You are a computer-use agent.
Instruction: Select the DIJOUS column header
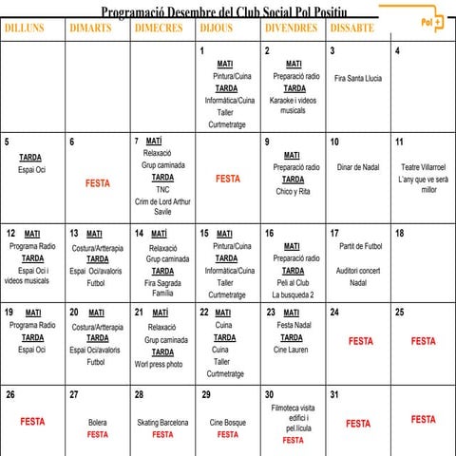[x=217, y=28]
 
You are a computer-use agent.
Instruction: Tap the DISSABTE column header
[x=351, y=28]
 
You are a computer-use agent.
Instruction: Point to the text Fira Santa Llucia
[x=357, y=77]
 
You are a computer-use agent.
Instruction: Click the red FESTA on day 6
[x=97, y=183]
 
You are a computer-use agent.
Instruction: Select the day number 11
[x=399, y=142]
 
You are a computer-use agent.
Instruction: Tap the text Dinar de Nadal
[x=357, y=167]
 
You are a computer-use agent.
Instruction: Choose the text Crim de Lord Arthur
[x=162, y=200]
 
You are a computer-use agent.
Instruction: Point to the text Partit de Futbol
[x=359, y=245]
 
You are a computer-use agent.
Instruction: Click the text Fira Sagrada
[x=162, y=282]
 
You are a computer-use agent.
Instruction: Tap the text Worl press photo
[x=159, y=364]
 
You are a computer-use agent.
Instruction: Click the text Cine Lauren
[x=292, y=349]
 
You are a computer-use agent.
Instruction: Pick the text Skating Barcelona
[x=162, y=422]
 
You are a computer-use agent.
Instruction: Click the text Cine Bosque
[x=227, y=422]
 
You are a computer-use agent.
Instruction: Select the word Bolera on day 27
[x=97, y=422]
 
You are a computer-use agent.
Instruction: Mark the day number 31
[x=333, y=394]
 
